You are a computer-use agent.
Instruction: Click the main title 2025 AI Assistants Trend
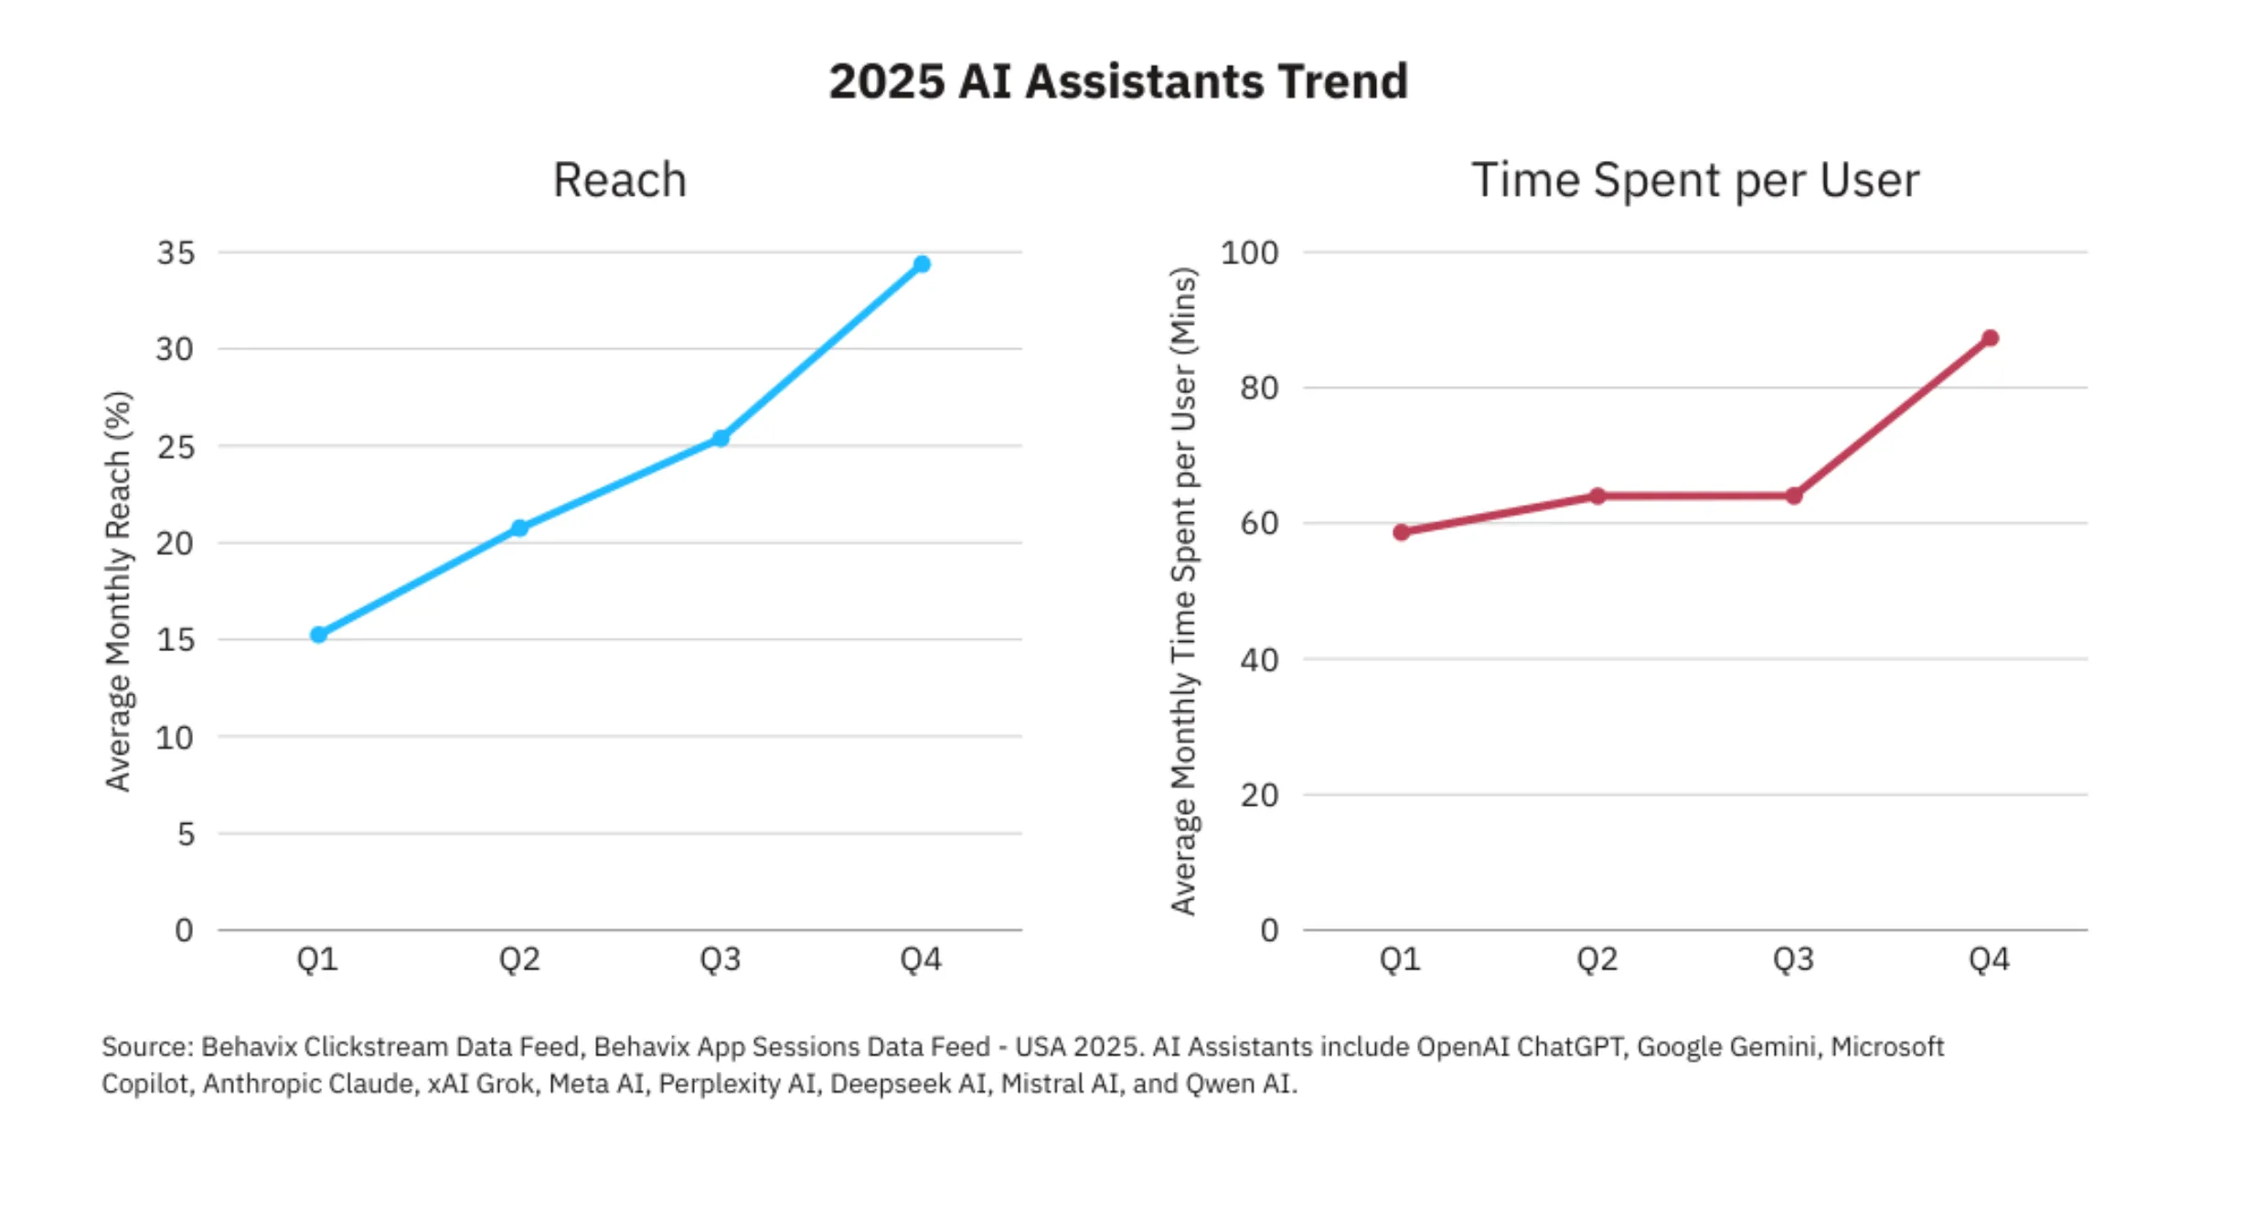click(1117, 81)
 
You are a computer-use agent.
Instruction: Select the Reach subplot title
click(619, 179)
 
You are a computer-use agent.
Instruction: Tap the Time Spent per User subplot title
click(1694, 179)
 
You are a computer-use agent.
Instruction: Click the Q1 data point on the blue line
click(318, 635)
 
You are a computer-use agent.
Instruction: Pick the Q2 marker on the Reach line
click(519, 528)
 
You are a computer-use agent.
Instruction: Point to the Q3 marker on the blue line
click(721, 438)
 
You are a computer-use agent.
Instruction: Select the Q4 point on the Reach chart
click(922, 264)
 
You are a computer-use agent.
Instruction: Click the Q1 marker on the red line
click(1401, 532)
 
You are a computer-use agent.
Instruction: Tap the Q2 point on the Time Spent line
click(1597, 496)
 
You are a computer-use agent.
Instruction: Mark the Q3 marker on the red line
click(1794, 496)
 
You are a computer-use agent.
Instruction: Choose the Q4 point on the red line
click(1990, 338)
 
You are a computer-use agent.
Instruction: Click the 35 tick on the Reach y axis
click(176, 252)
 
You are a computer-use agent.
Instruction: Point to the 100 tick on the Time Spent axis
click(1249, 252)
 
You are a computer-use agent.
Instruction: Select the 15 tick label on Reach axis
click(176, 639)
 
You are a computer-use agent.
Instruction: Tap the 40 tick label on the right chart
click(1259, 659)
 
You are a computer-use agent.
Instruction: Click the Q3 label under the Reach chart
click(721, 959)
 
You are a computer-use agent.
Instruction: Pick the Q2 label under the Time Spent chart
click(1597, 959)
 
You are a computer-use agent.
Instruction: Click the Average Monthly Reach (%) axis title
click(118, 591)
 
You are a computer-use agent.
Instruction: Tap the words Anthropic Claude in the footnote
click(308, 1084)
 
